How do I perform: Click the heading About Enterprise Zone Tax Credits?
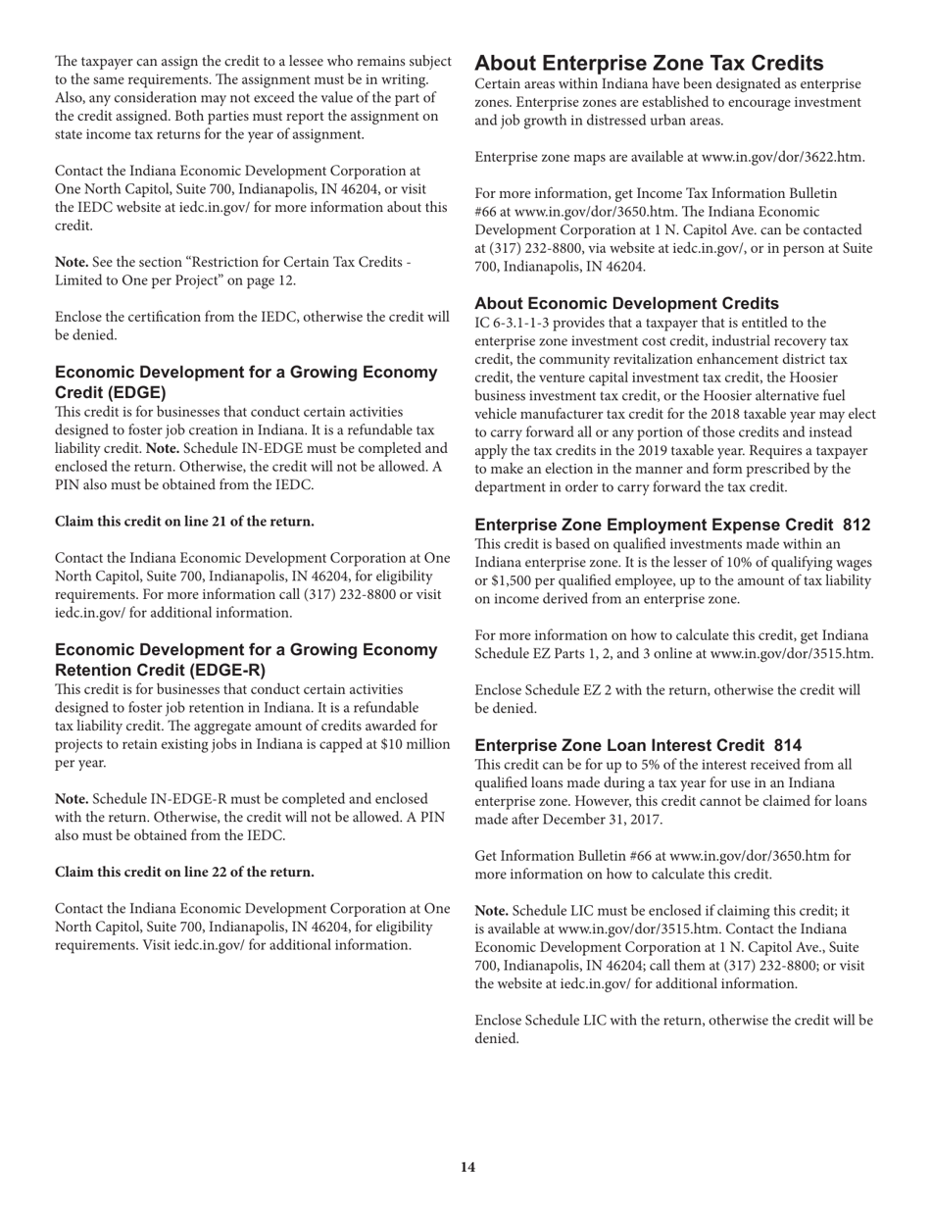[662, 64]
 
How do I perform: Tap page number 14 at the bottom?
[467, 1167]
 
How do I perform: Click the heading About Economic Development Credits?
[626, 303]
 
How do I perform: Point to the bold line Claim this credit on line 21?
[184, 521]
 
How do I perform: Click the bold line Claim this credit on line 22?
[184, 872]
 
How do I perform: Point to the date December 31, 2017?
[612, 820]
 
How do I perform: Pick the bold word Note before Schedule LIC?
[491, 911]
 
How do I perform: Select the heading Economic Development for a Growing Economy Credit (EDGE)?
[245, 382]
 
